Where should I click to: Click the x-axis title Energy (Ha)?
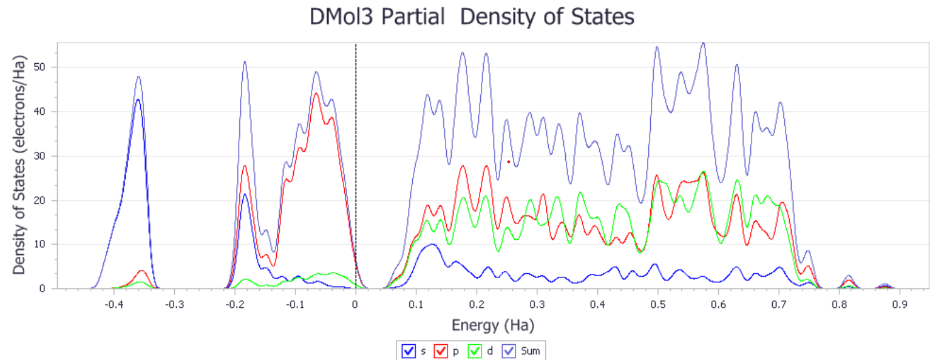[493, 326]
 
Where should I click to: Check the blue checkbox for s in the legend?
[407, 350]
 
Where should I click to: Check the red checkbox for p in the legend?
[441, 350]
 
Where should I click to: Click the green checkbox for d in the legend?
[476, 350]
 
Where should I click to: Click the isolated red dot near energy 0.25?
[509, 161]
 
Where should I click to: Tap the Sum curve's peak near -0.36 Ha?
[138, 77]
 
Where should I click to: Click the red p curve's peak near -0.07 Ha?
[316, 93]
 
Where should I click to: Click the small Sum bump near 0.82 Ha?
[849, 276]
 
